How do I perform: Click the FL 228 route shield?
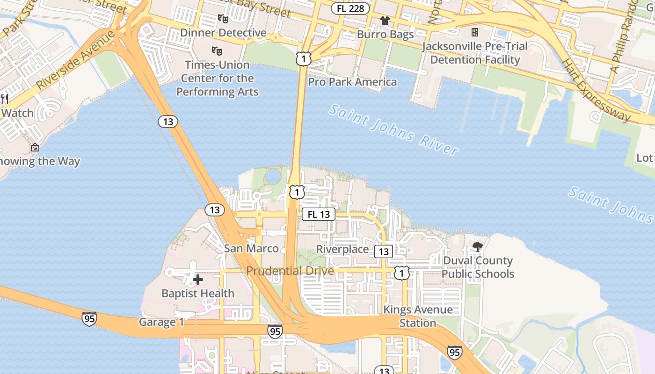point(350,8)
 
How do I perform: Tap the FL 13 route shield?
point(319,214)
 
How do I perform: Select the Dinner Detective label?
point(223,33)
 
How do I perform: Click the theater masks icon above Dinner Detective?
point(223,19)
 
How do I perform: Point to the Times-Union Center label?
point(217,78)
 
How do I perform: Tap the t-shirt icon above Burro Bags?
point(385,21)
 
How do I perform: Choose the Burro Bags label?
point(385,35)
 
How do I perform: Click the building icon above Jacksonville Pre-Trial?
point(475,32)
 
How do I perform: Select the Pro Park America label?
point(352,82)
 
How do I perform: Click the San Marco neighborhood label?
point(251,248)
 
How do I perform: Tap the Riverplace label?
point(342,249)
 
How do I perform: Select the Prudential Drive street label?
point(290,271)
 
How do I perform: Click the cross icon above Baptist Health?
point(198,280)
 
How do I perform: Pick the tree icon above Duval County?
point(478,246)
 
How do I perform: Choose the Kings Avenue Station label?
point(418,316)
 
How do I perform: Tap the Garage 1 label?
point(161,322)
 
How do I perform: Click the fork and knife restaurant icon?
point(5,99)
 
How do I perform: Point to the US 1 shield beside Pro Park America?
point(303,59)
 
